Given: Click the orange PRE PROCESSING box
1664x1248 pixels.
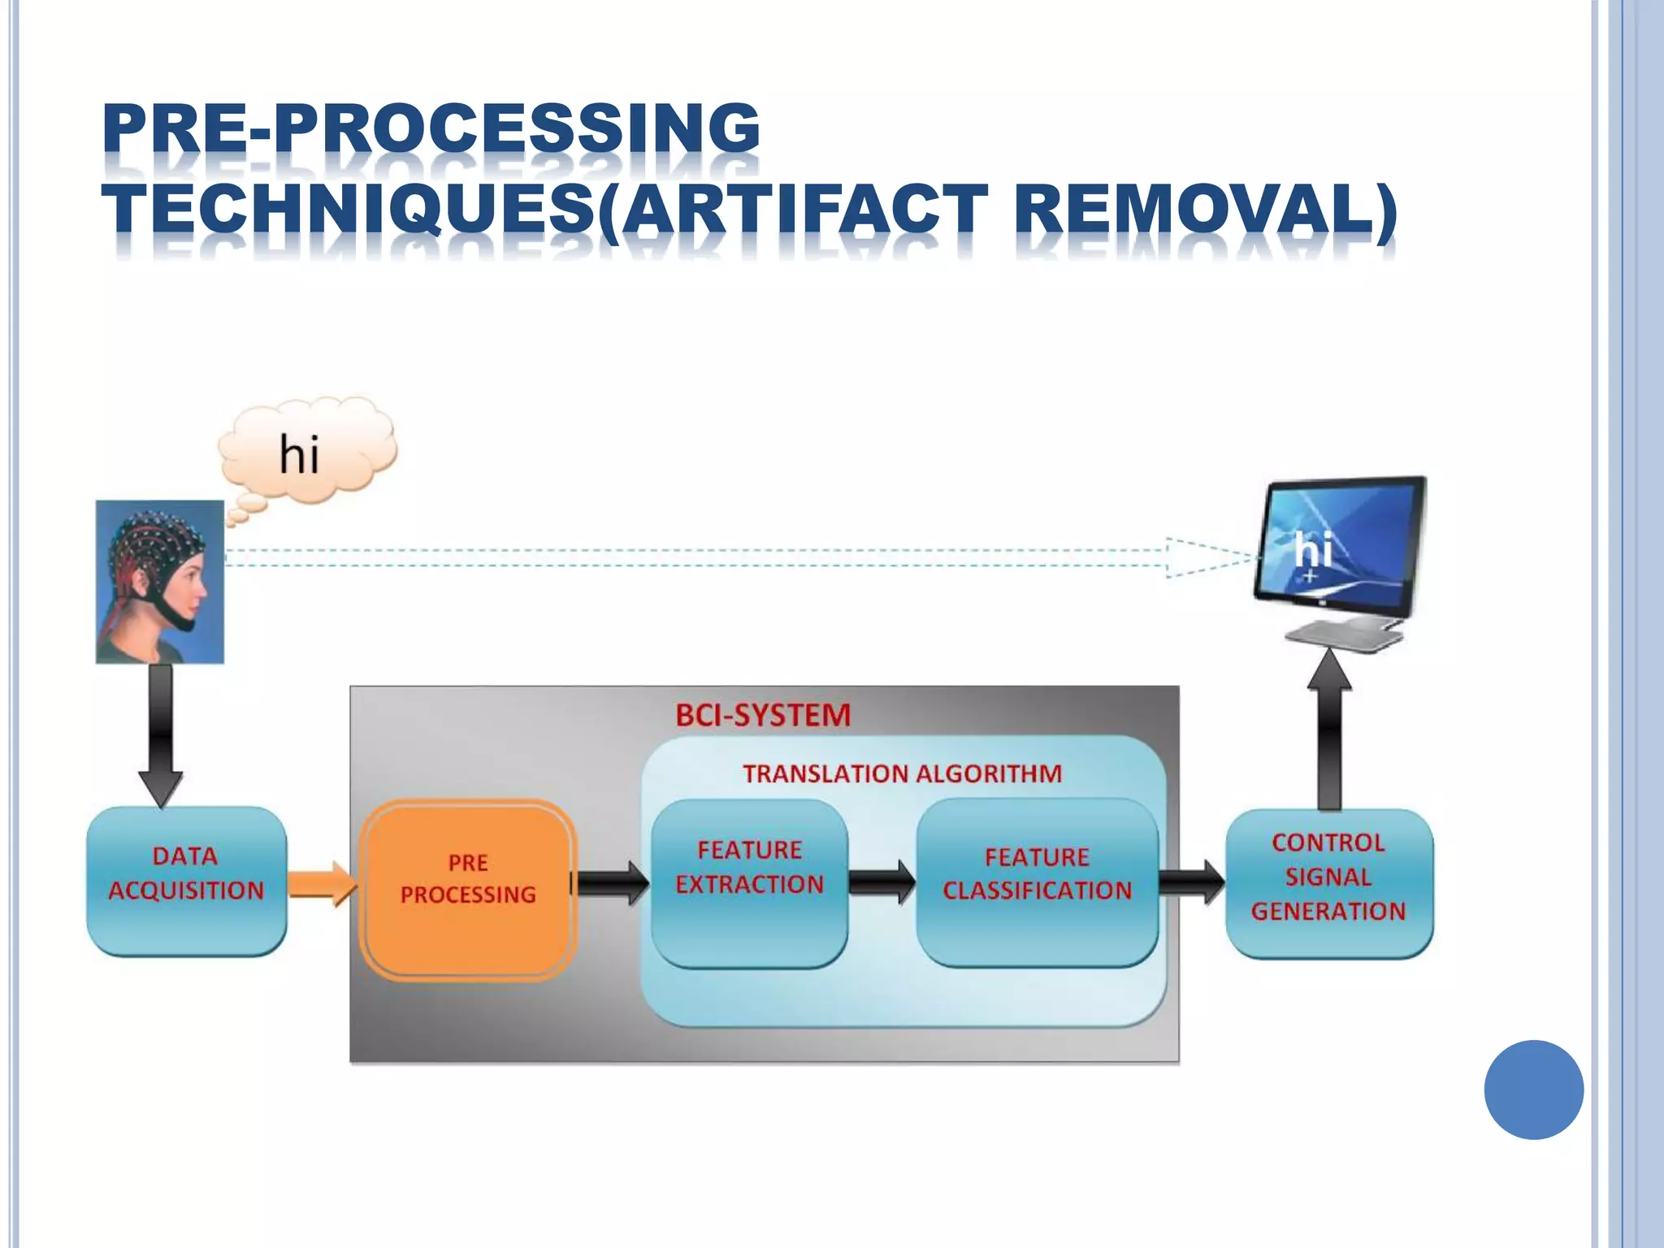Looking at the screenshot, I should click(x=468, y=890).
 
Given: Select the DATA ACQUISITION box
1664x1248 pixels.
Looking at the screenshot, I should click(x=186, y=881).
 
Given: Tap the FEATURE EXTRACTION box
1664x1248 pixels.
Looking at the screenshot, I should click(x=749, y=882).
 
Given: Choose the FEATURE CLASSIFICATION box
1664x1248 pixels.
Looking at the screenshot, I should click(x=1037, y=882).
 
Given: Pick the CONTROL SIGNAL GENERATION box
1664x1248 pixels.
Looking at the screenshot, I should click(x=1328, y=882).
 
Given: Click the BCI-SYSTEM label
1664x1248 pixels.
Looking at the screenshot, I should click(x=763, y=716).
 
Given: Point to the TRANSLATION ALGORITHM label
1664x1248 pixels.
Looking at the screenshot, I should click(x=902, y=773).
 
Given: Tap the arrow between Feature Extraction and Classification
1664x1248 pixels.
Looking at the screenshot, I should click(x=882, y=882).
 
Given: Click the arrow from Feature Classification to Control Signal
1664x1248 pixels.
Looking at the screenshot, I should click(x=1191, y=882).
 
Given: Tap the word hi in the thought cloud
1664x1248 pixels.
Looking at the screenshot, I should click(x=299, y=455).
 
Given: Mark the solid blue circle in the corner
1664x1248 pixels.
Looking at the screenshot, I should click(x=1533, y=1090).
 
